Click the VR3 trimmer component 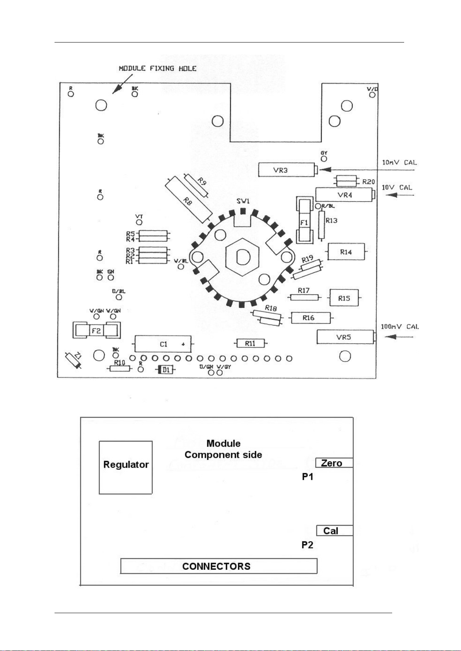287,170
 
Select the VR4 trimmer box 344,195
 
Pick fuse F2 97,331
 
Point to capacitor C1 163,344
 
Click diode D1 166,370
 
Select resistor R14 346,252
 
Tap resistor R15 344,298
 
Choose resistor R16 311,318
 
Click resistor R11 250,343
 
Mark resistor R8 189,199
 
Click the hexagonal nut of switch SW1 243,258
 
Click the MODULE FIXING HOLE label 157,68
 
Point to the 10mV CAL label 399,163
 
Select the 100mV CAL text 400,326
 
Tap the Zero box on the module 334,463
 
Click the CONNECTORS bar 219,566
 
